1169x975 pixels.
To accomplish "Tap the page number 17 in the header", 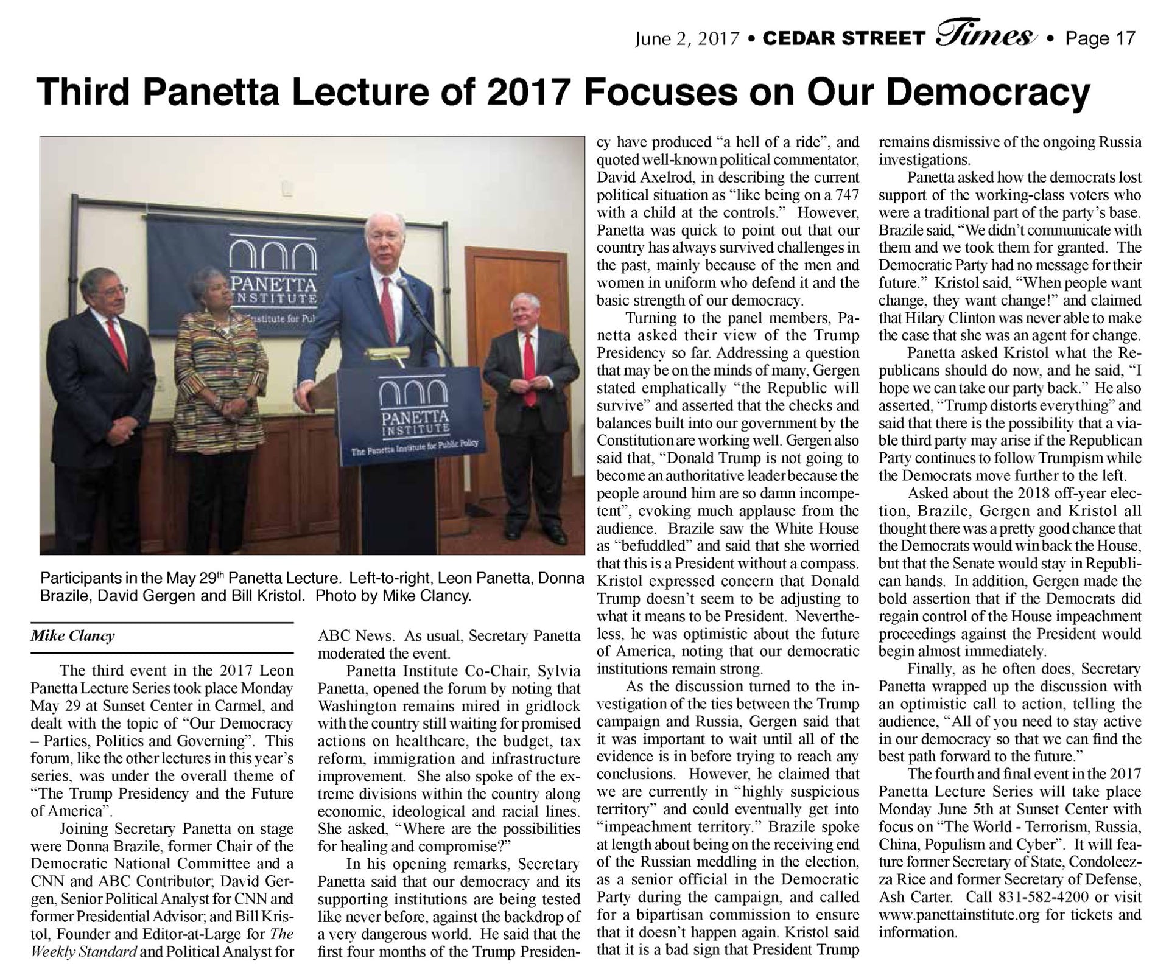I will (1124, 38).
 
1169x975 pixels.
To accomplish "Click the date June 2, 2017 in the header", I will (687, 39).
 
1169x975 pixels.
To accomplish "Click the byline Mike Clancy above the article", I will (72, 636).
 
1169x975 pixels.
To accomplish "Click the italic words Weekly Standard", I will (83, 951).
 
